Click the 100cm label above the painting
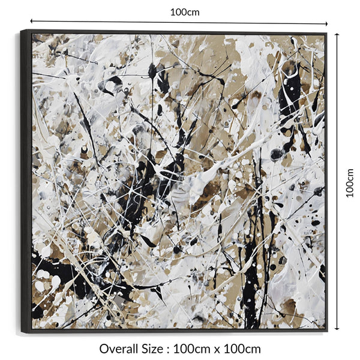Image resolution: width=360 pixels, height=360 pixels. tap(185, 11)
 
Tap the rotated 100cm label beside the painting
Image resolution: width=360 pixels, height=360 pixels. tap(350, 182)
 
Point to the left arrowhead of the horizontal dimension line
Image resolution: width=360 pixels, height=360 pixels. tap(32, 22)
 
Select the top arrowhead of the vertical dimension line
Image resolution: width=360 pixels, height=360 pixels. tap(337, 34)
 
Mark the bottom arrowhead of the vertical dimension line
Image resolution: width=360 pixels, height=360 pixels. tap(337, 329)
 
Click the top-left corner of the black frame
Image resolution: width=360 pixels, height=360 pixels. tap(21, 30)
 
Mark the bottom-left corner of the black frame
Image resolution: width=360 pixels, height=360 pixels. tap(22, 333)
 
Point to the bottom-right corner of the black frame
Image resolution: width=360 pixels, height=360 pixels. tap(327, 331)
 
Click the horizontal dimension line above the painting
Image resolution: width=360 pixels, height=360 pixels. tap(120, 22)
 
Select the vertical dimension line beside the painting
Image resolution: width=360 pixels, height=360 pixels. tap(337, 120)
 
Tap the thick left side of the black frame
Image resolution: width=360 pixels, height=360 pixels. tap(26, 180)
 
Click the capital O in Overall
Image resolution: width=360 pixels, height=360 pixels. tap(104, 349)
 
